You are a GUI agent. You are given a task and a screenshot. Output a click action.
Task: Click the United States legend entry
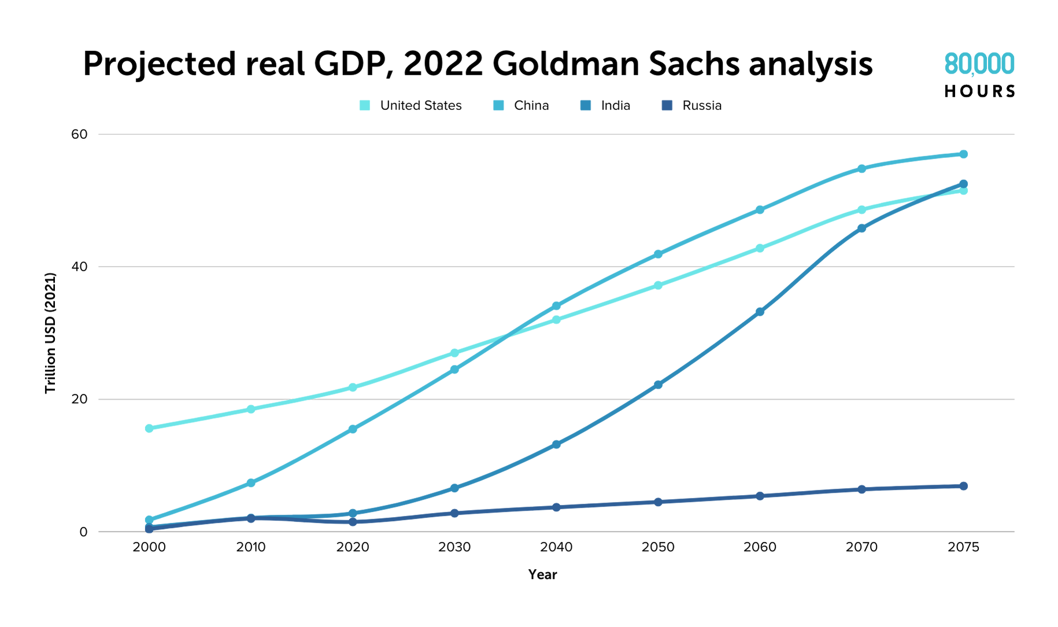[411, 106]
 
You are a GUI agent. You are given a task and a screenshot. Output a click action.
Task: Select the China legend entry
[523, 106]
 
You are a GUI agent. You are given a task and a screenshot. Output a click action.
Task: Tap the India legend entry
[606, 106]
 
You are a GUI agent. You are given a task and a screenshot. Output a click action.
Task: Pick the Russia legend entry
[693, 106]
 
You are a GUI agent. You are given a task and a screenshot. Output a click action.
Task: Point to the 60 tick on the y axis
[79, 134]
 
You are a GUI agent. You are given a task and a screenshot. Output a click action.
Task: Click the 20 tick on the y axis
[79, 399]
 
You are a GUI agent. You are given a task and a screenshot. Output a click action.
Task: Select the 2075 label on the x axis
[963, 547]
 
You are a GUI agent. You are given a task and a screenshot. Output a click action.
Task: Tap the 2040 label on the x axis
[556, 547]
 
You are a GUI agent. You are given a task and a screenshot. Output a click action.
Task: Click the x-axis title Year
[542, 574]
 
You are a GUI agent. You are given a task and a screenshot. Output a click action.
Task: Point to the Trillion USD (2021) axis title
[51, 333]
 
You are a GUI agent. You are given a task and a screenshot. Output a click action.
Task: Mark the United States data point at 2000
[149, 429]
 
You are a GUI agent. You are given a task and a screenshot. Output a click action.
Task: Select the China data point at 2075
[963, 154]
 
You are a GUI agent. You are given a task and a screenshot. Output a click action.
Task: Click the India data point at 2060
[760, 312]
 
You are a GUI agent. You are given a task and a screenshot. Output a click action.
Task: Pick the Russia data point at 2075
[963, 486]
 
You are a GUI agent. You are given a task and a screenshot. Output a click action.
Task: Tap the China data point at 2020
[353, 429]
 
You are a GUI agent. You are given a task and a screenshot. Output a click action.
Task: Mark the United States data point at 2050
[658, 286]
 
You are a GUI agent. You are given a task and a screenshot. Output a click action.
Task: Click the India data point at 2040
[556, 445]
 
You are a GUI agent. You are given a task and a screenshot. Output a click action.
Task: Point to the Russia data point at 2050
[658, 502]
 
